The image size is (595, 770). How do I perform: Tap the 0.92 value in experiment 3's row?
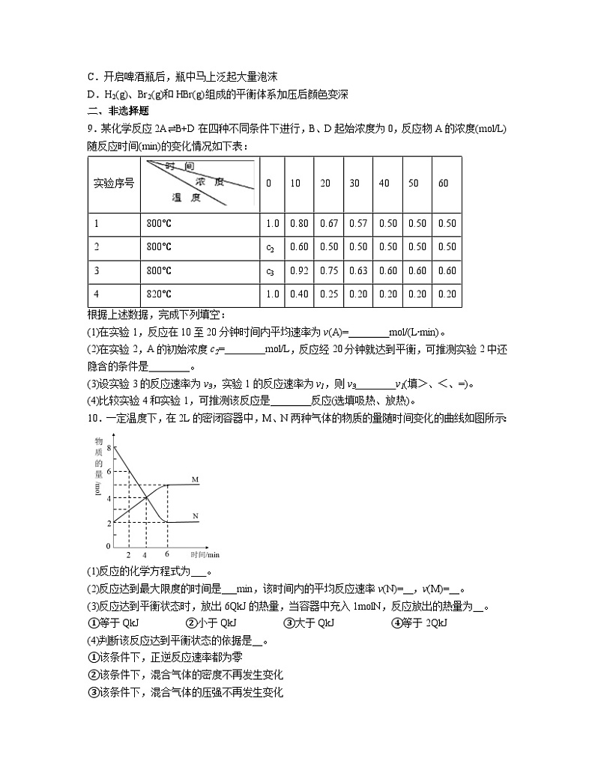(x=298, y=271)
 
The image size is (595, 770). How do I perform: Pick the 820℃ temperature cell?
(x=160, y=294)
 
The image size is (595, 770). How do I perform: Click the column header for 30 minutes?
(x=354, y=184)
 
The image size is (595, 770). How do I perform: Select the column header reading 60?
(x=443, y=184)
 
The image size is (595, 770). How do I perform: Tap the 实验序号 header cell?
(x=113, y=184)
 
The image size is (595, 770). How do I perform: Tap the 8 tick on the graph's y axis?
(x=109, y=447)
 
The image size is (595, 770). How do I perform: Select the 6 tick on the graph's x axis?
(x=167, y=554)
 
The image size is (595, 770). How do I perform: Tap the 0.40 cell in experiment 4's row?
(x=298, y=294)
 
